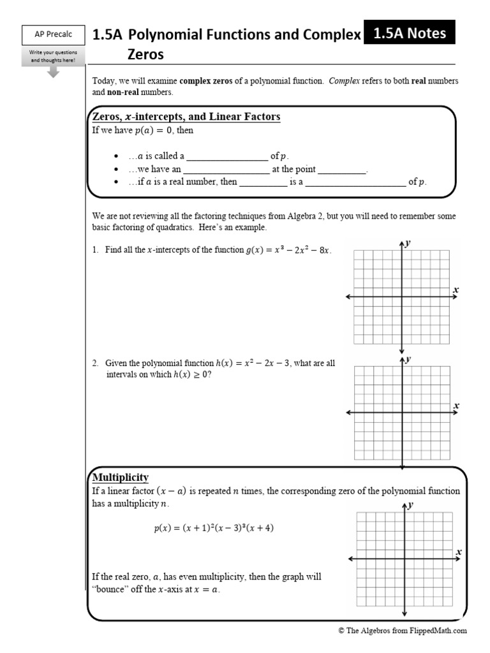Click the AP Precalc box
[53, 36]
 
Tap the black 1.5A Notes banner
[408, 34]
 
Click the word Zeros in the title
[145, 55]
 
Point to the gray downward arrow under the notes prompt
[54, 71]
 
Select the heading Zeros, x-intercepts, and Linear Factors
[186, 117]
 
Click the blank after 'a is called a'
[227, 156]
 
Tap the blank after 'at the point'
[342, 170]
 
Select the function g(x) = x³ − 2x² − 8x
[288, 250]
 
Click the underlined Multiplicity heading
[121, 477]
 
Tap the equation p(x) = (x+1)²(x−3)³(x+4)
[214, 528]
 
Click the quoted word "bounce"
[110, 589]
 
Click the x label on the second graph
[456, 406]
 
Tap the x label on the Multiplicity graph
[459, 552]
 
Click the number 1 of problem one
[94, 250]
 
